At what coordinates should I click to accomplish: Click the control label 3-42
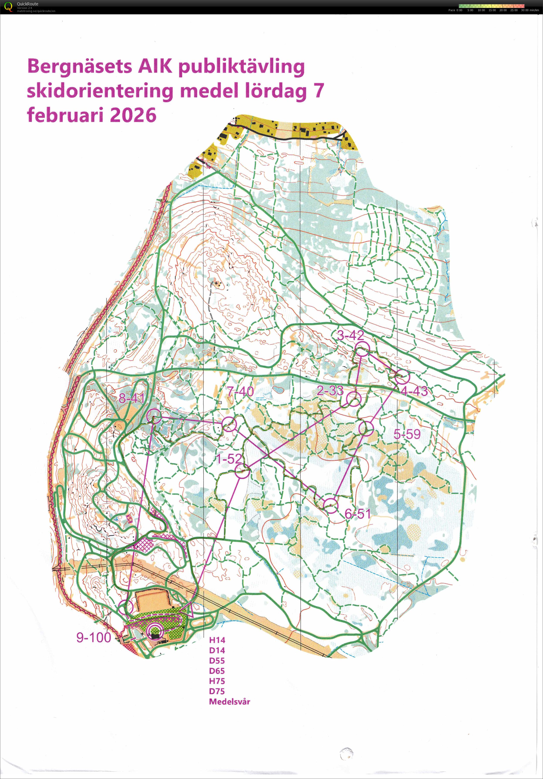[x=350, y=335]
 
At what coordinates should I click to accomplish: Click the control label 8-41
[x=132, y=398]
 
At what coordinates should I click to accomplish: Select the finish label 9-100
[x=94, y=637]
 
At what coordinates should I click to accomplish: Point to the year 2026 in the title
[x=133, y=115]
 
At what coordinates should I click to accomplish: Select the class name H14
[x=217, y=640]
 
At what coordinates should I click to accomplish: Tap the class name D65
[x=217, y=671]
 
